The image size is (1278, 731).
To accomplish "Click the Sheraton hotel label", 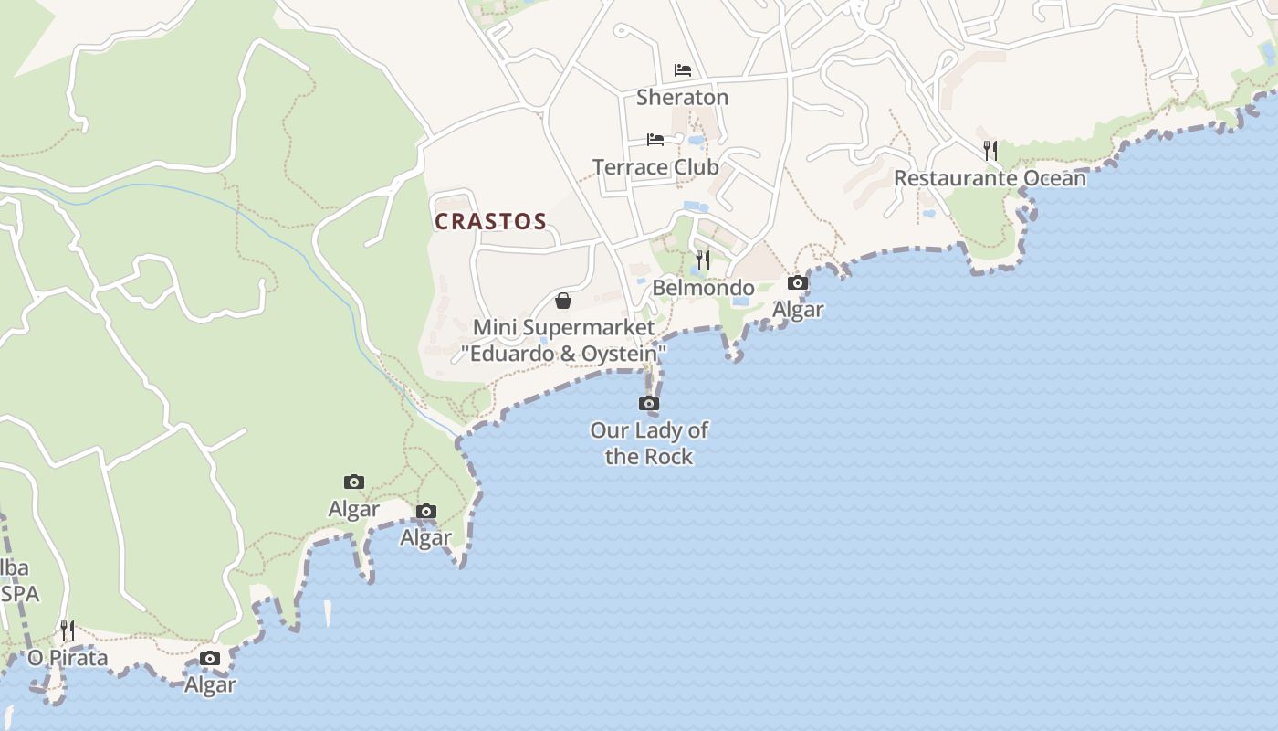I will [x=682, y=97].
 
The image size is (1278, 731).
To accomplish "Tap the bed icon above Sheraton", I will [x=682, y=70].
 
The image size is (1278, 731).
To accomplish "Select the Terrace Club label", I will [x=655, y=167].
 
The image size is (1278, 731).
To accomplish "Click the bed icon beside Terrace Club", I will [x=655, y=140].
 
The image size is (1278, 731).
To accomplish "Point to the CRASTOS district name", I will [x=490, y=222].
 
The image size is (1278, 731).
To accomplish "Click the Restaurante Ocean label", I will [x=990, y=178].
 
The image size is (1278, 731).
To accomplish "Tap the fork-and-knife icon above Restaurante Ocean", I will [x=990, y=150].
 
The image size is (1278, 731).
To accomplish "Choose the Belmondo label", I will [x=703, y=288].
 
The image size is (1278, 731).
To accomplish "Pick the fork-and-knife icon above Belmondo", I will [x=702, y=260].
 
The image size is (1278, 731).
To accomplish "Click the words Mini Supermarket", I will [x=563, y=327].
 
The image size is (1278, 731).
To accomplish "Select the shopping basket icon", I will [x=563, y=301].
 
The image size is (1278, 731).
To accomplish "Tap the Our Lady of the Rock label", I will [x=649, y=443].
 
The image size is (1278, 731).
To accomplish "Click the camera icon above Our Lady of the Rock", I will [x=649, y=403].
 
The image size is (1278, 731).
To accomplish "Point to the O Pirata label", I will [x=68, y=658].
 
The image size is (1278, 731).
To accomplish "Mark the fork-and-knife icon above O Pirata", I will [x=68, y=630].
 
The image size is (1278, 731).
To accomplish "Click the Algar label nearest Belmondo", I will [x=798, y=310].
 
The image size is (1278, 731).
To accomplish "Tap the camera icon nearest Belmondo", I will [x=798, y=283].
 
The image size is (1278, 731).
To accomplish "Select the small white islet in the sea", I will [x=328, y=613].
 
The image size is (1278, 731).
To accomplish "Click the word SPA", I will [x=20, y=594].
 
